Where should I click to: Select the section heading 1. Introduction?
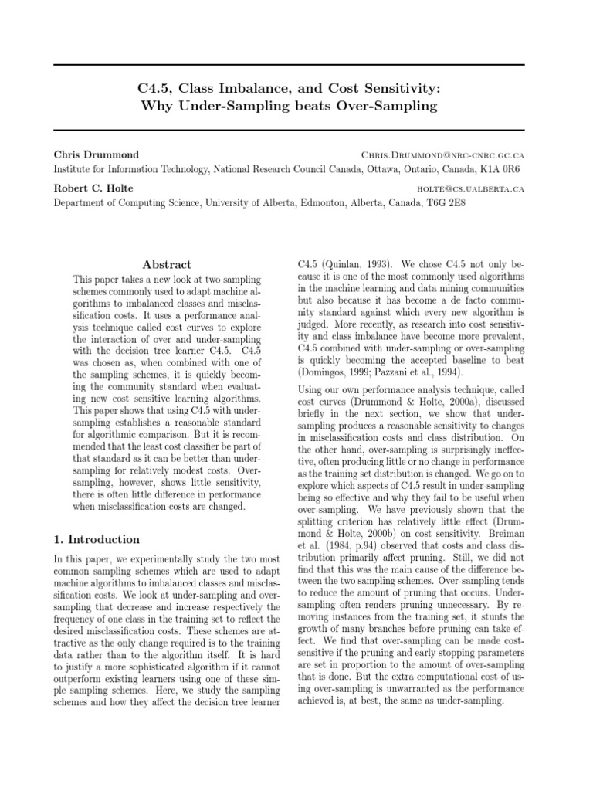point(97,539)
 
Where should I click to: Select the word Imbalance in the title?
point(243,88)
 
